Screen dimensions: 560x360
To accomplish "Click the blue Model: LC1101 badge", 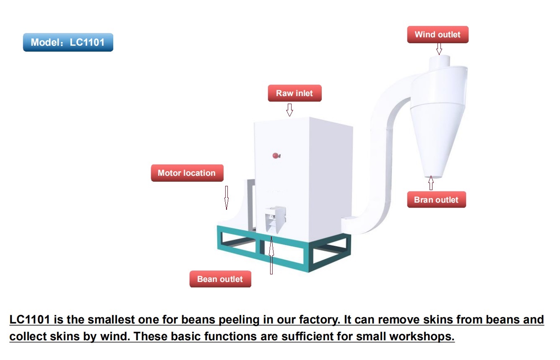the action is pyautogui.click(x=68, y=42).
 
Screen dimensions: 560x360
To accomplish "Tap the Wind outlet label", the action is pyautogui.click(x=438, y=34).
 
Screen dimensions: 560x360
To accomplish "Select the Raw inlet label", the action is pyautogui.click(x=295, y=93).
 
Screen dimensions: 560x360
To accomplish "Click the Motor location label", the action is pyautogui.click(x=187, y=173).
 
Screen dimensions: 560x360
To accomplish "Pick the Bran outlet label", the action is pyautogui.click(x=437, y=200).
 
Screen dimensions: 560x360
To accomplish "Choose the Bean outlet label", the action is pyautogui.click(x=220, y=279).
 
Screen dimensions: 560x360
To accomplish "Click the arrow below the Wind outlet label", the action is pyautogui.click(x=439, y=49).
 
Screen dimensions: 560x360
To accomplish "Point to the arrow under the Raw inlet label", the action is pyautogui.click(x=289, y=110).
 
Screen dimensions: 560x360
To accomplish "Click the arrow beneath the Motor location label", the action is pyautogui.click(x=227, y=198).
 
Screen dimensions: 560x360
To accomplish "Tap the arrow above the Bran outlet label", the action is pyautogui.click(x=431, y=183).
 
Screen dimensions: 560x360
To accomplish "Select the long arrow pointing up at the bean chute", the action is pyautogui.click(x=271, y=255).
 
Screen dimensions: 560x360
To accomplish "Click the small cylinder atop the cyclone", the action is pyautogui.click(x=440, y=62).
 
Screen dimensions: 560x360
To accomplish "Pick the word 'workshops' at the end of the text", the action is pyautogui.click(x=422, y=337).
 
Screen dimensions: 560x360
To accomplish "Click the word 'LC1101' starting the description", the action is pyautogui.click(x=30, y=320).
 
